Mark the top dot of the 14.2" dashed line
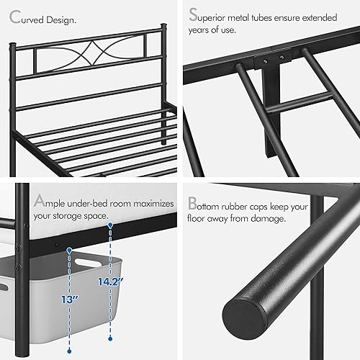click(110, 225)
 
